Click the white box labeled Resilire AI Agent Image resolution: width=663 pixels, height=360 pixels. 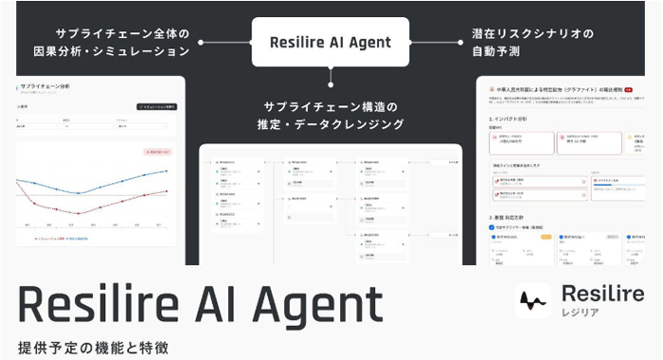331,42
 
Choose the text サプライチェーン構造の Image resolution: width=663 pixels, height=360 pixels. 331,103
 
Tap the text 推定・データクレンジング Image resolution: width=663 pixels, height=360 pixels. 331,123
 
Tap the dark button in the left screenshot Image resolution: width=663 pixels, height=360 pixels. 156,108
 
